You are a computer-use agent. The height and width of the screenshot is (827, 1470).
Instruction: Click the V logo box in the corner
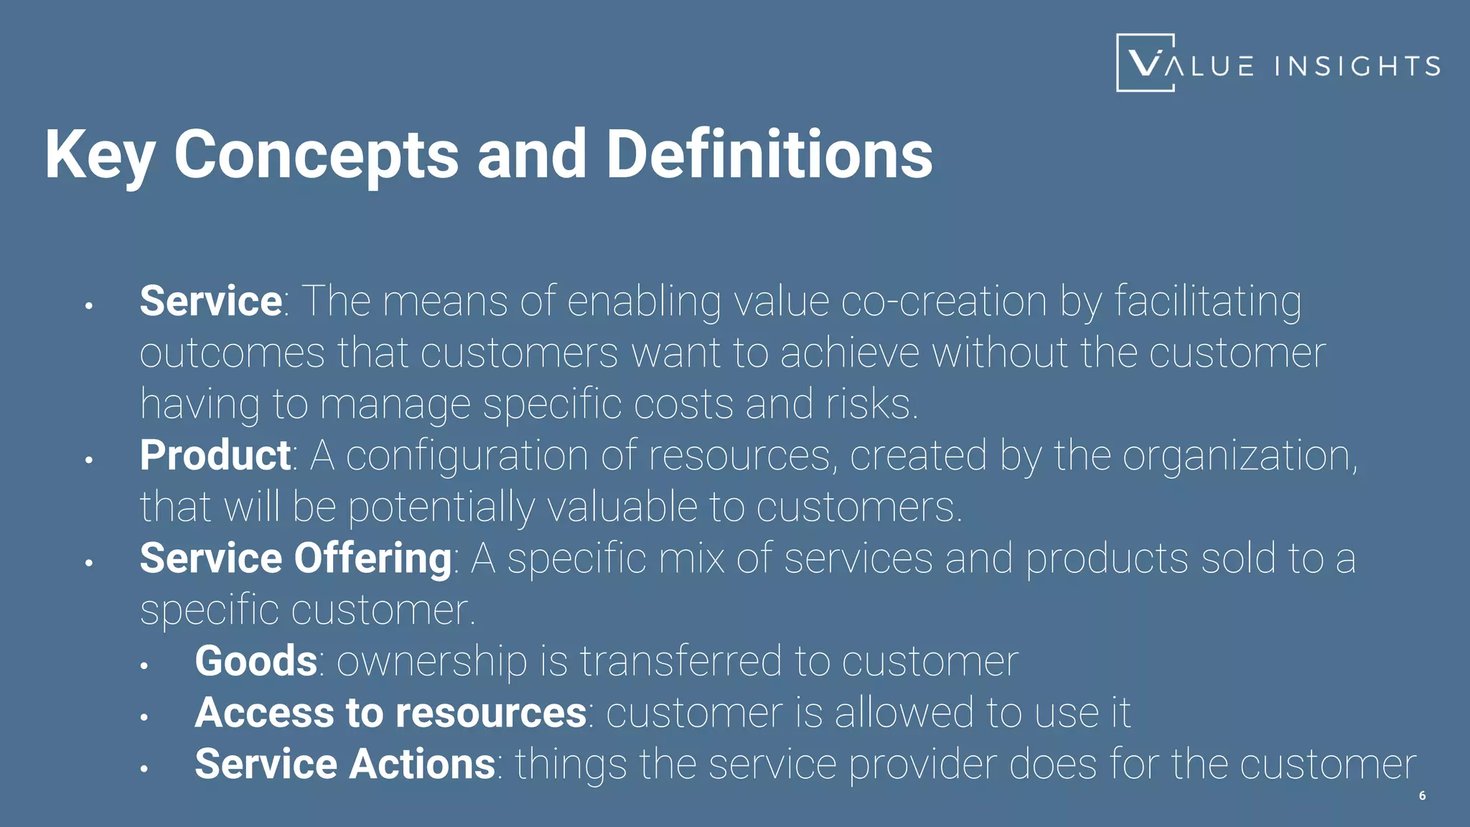click(1146, 63)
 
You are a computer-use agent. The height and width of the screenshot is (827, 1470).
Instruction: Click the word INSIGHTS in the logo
click(1357, 66)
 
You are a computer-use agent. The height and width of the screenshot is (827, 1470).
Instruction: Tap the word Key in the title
click(100, 154)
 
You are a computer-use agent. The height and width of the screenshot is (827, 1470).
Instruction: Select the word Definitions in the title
click(769, 154)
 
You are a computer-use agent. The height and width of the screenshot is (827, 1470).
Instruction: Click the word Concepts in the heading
click(316, 154)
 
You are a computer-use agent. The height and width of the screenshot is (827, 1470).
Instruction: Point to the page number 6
click(1422, 795)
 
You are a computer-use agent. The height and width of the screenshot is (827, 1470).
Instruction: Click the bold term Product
click(215, 455)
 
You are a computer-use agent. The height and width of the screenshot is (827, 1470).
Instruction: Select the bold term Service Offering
click(295, 559)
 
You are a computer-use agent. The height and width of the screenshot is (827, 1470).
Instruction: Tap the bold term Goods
click(256, 660)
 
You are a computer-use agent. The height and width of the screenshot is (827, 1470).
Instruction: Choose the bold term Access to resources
click(390, 712)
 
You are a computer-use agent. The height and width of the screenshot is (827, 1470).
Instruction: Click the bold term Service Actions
click(345, 764)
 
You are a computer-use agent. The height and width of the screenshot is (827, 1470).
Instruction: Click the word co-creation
click(943, 301)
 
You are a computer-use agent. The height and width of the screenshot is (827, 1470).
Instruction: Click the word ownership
click(431, 660)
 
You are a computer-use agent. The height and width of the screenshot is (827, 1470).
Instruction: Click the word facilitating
click(1207, 301)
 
